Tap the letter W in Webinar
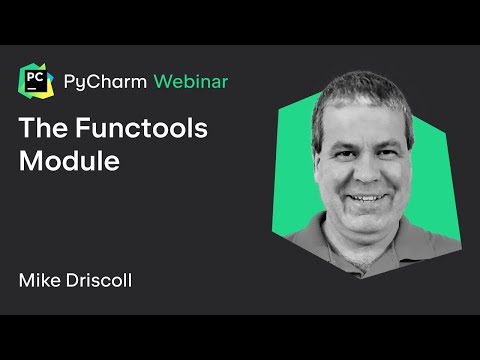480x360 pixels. [162, 81]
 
